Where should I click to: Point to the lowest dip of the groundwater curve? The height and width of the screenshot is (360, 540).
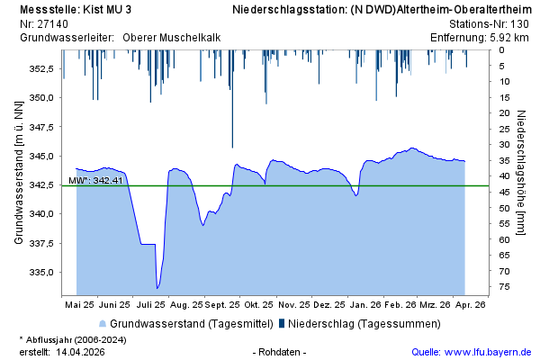157,288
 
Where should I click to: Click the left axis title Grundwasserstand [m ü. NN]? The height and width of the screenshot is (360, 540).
18,173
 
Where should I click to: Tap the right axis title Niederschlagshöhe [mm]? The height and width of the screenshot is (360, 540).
521,173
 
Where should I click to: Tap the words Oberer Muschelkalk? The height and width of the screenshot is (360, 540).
171,37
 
